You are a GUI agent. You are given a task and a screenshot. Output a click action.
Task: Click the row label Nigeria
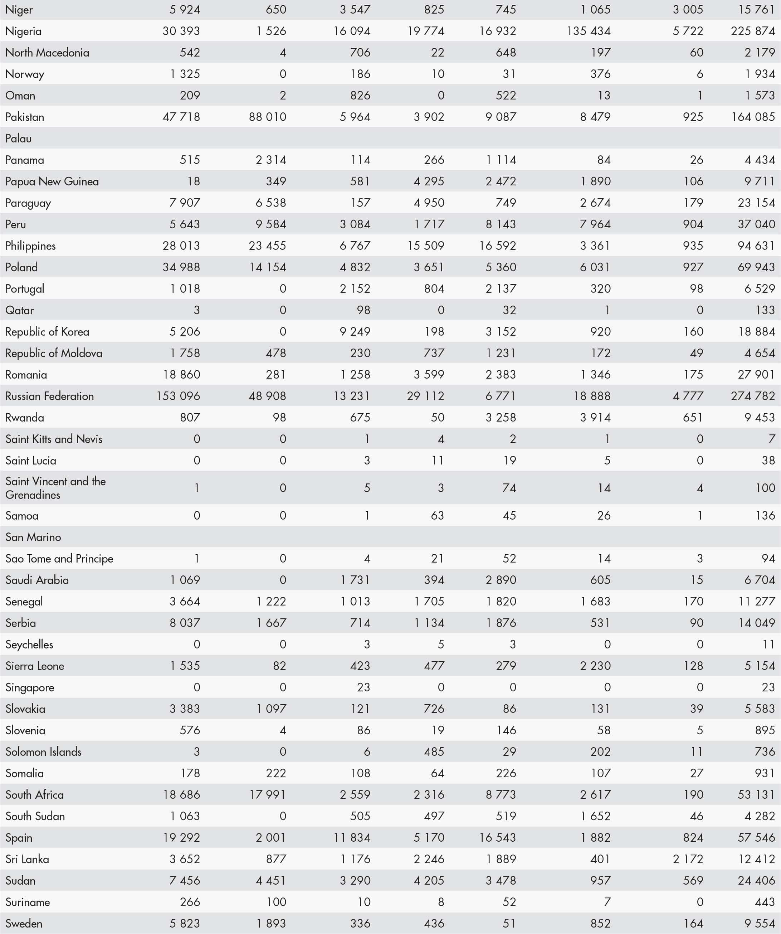(x=24, y=31)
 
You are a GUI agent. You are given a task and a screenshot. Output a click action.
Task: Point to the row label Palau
(x=18, y=138)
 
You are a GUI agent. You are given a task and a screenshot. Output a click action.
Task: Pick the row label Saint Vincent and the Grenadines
(x=55, y=488)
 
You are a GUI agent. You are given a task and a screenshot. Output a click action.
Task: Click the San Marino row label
(x=33, y=537)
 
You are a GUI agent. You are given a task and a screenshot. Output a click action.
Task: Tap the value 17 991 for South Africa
(x=267, y=794)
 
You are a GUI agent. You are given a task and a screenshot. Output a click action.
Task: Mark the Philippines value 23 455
(x=267, y=245)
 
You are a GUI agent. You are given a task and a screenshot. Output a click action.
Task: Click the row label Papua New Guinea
(x=52, y=181)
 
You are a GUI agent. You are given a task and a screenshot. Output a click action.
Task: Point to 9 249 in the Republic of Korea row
(x=355, y=331)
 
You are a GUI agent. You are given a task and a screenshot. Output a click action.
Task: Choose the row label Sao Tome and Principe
(x=59, y=558)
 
